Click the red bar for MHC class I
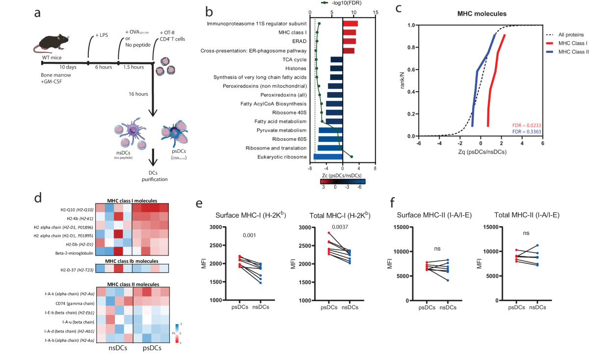349,32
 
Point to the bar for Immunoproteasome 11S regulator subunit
350,24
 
